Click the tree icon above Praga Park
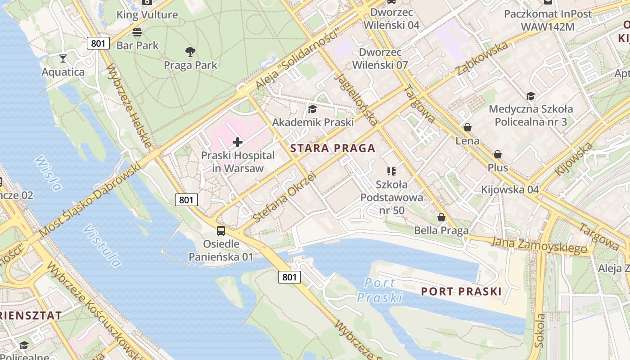click(190, 52)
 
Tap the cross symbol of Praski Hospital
click(238, 143)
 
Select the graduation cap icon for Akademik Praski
click(312, 109)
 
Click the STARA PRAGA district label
click(333, 148)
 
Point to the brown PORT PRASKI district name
click(461, 292)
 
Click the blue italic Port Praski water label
click(380, 290)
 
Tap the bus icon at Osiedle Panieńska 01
click(220, 231)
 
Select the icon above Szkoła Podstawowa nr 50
click(391, 171)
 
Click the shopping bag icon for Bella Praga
click(441, 217)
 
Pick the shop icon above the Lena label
click(468, 128)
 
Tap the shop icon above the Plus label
click(498, 155)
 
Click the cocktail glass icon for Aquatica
click(63, 58)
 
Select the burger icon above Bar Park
click(137, 32)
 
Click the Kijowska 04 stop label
click(510, 189)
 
